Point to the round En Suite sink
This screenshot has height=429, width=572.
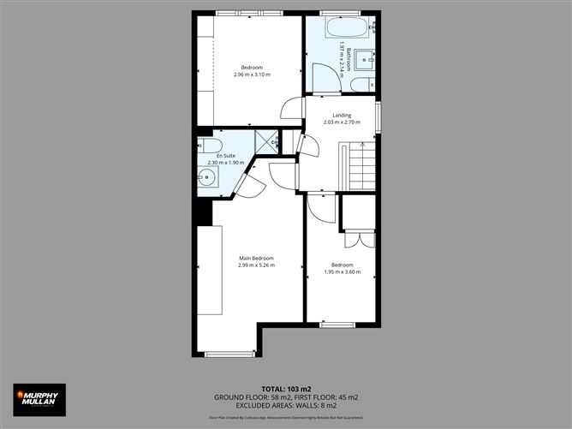point(207,178)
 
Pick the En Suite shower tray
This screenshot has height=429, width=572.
point(266,142)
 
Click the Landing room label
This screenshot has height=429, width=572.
point(342,116)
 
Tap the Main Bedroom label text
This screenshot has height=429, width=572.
point(256,258)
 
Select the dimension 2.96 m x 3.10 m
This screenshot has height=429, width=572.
point(251,74)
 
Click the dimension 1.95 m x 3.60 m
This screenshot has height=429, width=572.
point(342,272)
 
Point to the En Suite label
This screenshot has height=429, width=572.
point(225,156)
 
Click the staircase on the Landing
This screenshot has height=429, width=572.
point(362,166)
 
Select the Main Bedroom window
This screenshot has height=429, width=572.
point(229,354)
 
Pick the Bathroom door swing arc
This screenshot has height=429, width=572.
point(325,79)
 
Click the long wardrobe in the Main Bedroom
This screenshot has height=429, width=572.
point(211,270)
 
